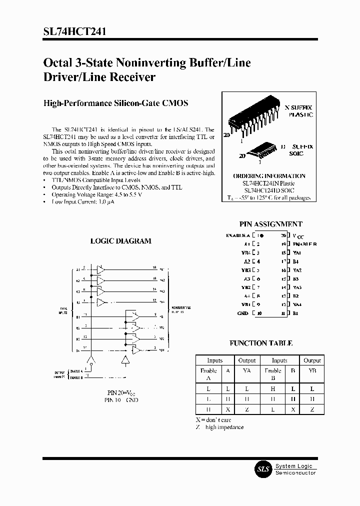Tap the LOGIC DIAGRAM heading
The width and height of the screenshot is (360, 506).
[120, 241]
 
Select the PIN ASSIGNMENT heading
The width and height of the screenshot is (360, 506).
[271, 224]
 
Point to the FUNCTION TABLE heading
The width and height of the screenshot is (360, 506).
[261, 343]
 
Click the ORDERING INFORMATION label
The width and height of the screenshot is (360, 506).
[269, 176]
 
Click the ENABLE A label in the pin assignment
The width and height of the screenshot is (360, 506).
[238, 234]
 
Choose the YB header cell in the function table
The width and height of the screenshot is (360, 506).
[312, 371]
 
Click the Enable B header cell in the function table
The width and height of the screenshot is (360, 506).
[272, 374]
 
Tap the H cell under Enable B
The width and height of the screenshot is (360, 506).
[272, 388]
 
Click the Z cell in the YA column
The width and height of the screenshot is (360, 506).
[246, 410]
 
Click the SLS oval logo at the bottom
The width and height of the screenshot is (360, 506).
[263, 469]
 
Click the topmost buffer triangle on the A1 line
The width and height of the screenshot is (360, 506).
[101, 269]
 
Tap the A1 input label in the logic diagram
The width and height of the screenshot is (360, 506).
[78, 270]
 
